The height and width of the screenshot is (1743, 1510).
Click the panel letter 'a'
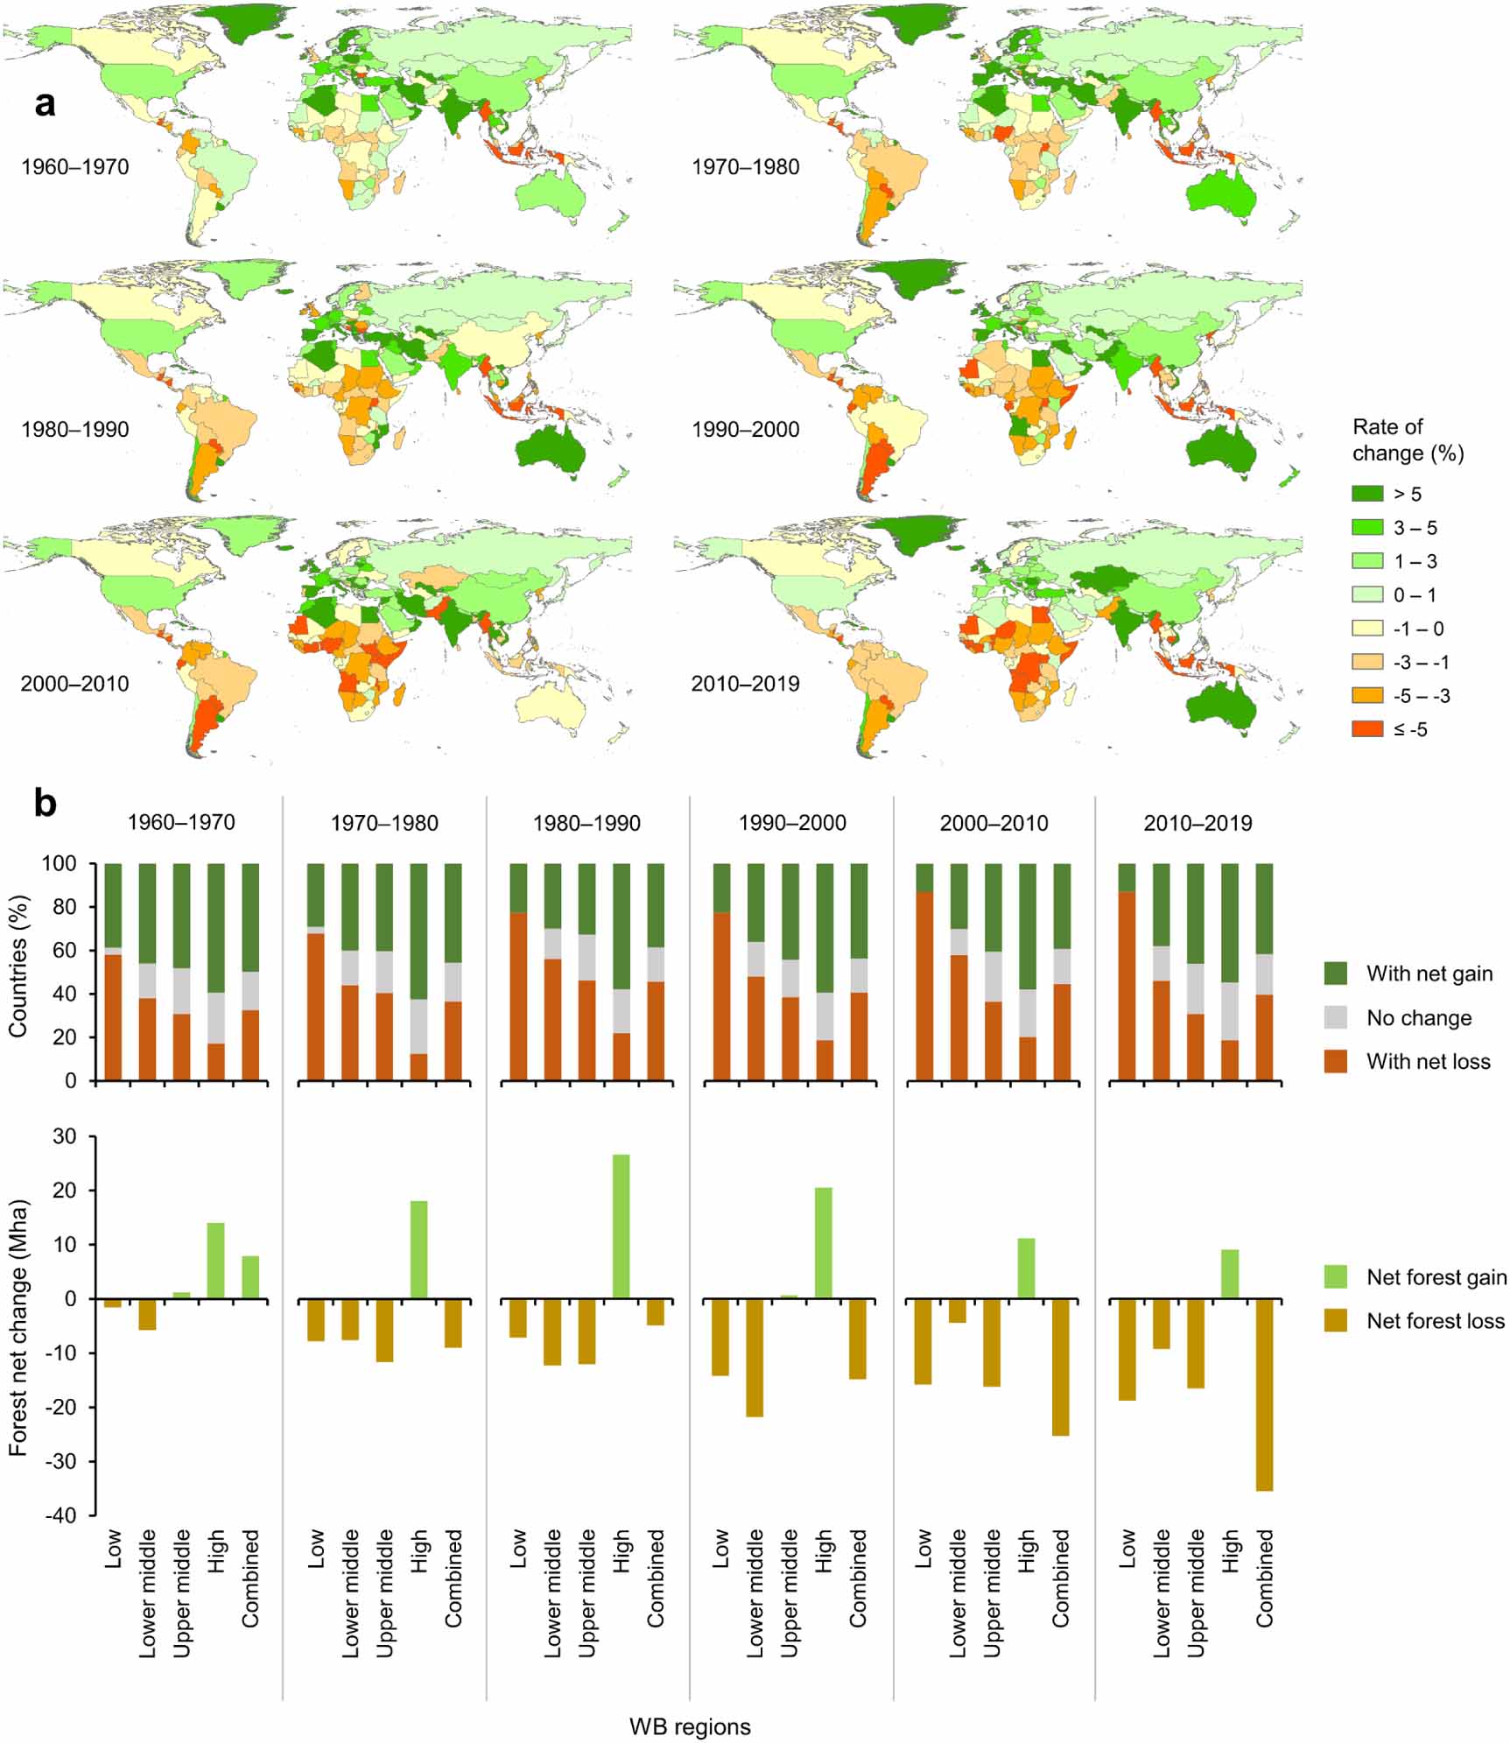(x=45, y=104)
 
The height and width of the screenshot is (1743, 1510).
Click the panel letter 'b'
(x=46, y=803)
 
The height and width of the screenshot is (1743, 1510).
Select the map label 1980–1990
(x=74, y=430)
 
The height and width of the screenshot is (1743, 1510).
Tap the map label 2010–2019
(x=745, y=684)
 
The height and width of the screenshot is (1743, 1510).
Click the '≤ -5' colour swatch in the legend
(x=1367, y=729)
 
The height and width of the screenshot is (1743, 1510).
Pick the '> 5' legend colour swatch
(x=1367, y=494)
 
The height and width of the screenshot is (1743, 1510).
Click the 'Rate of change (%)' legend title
(x=1407, y=439)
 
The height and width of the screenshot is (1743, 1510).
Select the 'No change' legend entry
(x=1418, y=1018)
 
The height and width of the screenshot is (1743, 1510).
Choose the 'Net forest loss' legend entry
(x=1435, y=1321)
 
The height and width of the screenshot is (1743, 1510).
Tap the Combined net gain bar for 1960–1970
(x=250, y=1277)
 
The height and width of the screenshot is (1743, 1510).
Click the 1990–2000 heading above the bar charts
(x=791, y=824)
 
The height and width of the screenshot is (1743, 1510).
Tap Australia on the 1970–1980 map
(x=1221, y=194)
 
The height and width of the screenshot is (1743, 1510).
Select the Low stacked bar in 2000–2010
(x=924, y=972)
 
